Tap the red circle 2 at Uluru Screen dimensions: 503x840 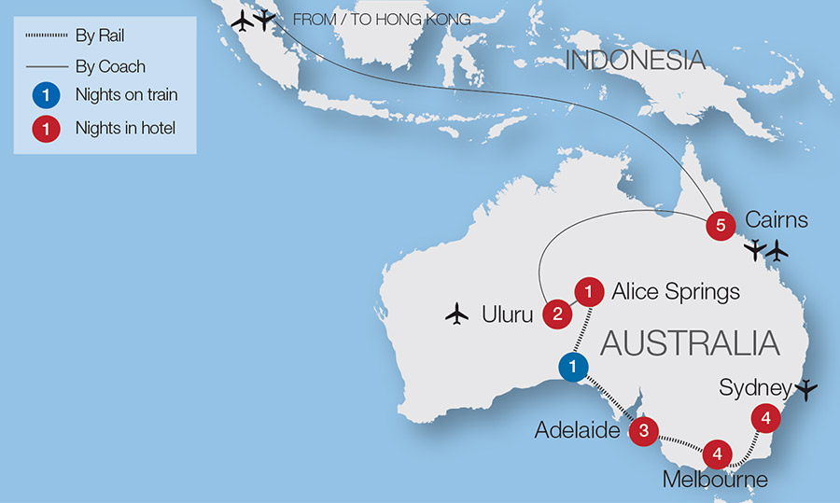(x=557, y=314)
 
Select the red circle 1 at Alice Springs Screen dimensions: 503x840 (x=588, y=291)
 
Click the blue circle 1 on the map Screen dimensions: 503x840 (x=573, y=366)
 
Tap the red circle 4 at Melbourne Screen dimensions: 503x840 (x=717, y=454)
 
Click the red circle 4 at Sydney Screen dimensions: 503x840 (x=765, y=418)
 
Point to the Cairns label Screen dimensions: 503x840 (x=777, y=221)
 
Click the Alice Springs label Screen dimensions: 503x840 (x=675, y=292)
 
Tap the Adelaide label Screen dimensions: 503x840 (x=579, y=430)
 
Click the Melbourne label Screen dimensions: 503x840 (x=715, y=481)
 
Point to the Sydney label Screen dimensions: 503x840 (x=755, y=387)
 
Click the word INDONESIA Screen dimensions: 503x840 (x=636, y=62)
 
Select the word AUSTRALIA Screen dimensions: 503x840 (x=690, y=342)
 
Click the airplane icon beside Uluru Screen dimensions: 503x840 (x=456, y=314)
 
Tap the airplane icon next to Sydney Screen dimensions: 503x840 (x=806, y=388)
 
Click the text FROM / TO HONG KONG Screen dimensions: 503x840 (x=382, y=19)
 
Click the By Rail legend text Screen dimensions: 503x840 (x=99, y=36)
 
